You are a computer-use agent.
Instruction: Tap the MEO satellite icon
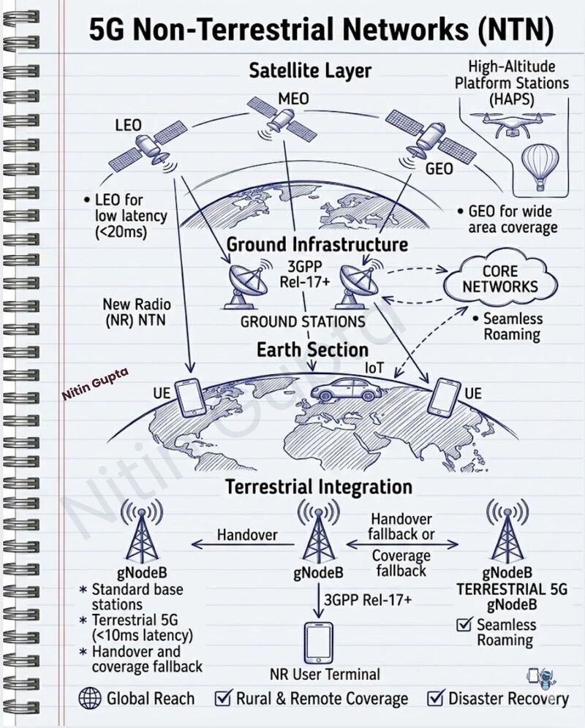(x=282, y=119)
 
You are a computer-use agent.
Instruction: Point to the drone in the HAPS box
(x=513, y=122)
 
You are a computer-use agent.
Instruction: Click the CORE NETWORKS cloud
(x=500, y=279)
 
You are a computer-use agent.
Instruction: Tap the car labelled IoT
(x=347, y=390)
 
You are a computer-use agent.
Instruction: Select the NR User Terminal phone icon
(x=319, y=643)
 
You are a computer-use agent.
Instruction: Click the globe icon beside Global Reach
(x=90, y=698)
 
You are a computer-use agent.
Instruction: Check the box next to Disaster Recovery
(x=435, y=698)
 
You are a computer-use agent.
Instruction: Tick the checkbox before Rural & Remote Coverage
(x=223, y=698)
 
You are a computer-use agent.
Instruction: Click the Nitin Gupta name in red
(x=95, y=384)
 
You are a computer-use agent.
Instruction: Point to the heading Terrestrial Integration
(x=319, y=487)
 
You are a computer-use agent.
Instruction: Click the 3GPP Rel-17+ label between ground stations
(x=305, y=274)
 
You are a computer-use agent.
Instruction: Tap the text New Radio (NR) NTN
(x=136, y=312)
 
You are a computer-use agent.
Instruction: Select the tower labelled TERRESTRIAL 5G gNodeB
(x=507, y=533)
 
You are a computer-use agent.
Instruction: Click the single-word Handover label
(x=247, y=535)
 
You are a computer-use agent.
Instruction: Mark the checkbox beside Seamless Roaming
(x=464, y=625)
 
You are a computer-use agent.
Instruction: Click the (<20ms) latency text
(x=121, y=232)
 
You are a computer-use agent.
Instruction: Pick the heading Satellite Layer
(x=310, y=71)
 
